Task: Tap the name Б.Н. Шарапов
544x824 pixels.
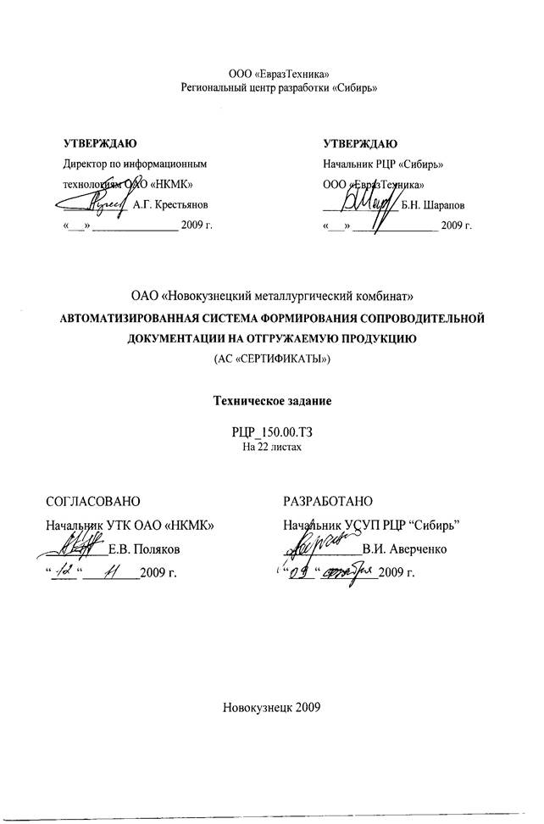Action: click(438, 204)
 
